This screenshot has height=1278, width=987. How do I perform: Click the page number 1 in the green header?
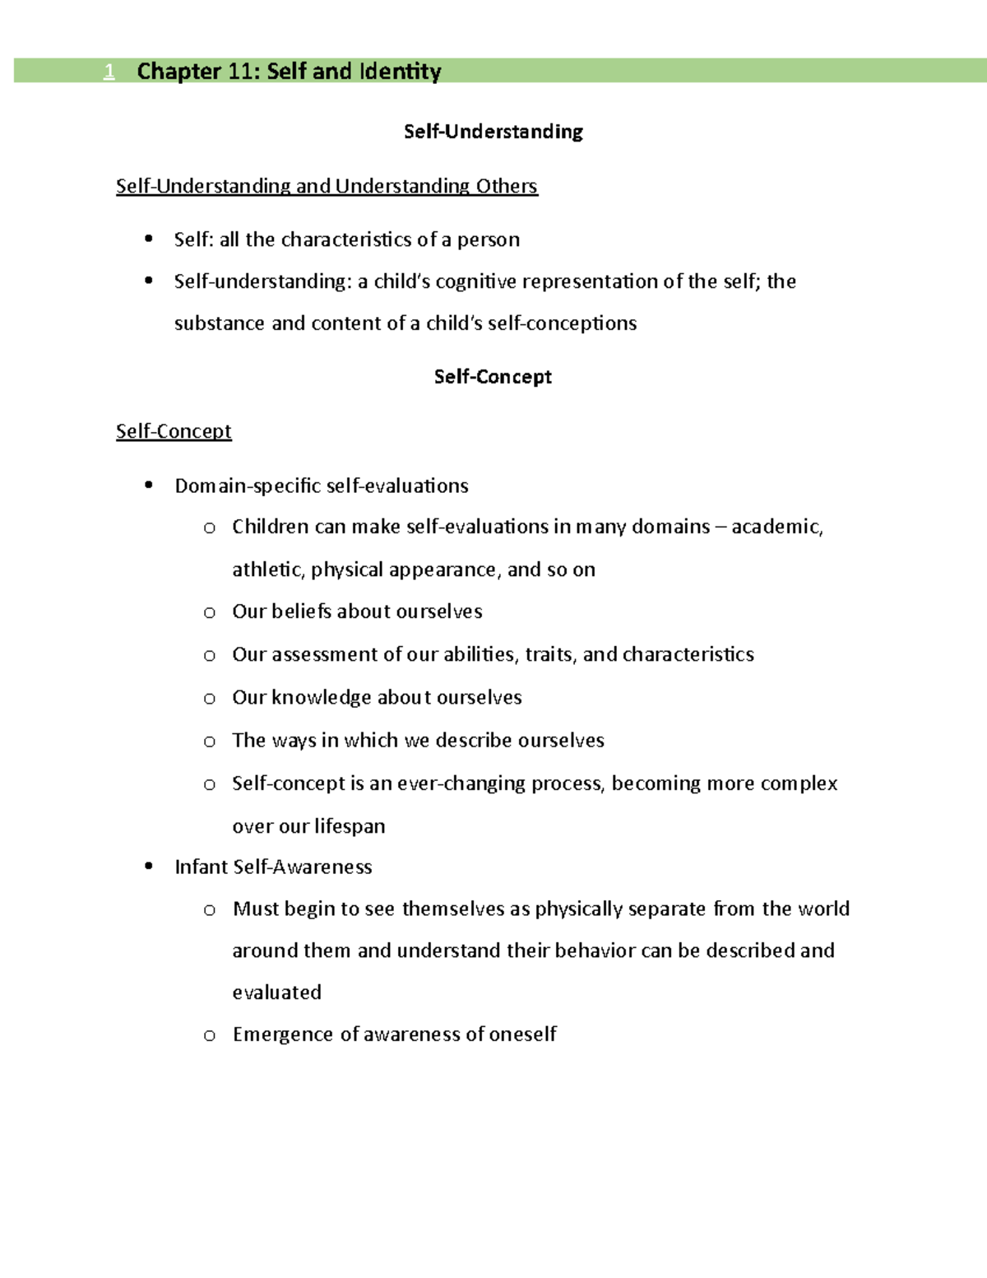pos(109,72)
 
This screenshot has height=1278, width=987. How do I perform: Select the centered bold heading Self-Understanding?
pos(493,132)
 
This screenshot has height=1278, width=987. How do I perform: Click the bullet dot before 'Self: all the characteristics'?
pos(149,239)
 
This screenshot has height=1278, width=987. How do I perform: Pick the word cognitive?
pos(476,282)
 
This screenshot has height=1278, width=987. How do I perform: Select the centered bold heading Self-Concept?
pos(493,377)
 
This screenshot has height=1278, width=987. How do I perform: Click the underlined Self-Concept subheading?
pos(174,431)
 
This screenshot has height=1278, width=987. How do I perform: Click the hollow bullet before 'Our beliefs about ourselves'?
pos(210,612)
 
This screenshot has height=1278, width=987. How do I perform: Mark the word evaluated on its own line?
pos(276,992)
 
